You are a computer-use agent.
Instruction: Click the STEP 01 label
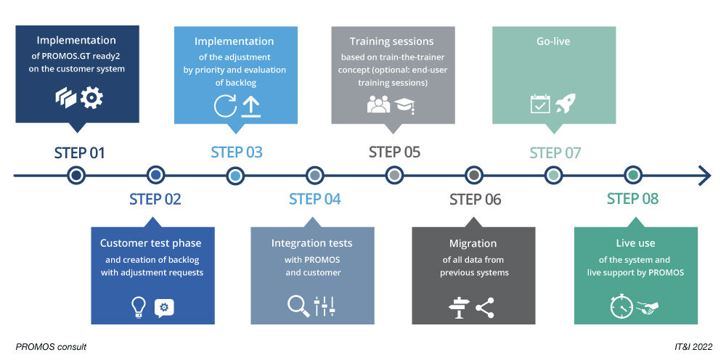click(79, 153)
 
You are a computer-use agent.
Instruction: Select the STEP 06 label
click(475, 200)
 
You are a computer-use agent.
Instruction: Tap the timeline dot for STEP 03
click(234, 175)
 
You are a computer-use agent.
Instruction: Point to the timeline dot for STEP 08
click(633, 175)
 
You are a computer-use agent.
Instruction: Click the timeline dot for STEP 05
click(394, 175)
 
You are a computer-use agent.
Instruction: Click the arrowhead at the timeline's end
click(704, 175)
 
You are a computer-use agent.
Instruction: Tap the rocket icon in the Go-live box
click(566, 104)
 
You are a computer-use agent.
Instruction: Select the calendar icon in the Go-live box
click(539, 104)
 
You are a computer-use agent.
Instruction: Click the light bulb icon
click(139, 308)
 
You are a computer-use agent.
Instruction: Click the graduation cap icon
click(404, 106)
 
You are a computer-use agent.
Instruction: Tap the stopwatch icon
click(621, 307)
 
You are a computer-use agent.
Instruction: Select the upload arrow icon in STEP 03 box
click(251, 106)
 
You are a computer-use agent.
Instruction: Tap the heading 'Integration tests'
click(311, 243)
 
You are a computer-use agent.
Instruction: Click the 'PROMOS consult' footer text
click(51, 347)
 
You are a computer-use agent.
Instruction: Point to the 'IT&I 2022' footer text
click(693, 347)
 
